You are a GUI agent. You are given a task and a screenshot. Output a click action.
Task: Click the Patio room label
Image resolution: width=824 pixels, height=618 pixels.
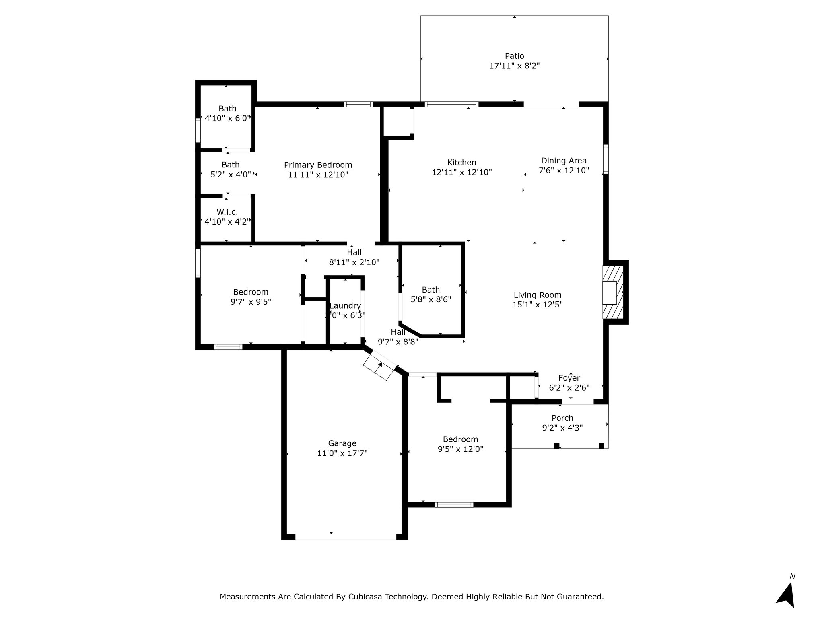[515, 56]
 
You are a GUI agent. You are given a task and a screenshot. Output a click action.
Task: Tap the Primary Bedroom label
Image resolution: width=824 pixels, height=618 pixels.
[318, 165]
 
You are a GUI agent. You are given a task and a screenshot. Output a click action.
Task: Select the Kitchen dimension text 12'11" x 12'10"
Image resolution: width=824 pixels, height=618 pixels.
[462, 172]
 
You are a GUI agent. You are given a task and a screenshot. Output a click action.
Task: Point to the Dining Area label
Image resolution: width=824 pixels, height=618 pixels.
[564, 161]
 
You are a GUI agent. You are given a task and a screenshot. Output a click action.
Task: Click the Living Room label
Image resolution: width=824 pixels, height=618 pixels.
[538, 295]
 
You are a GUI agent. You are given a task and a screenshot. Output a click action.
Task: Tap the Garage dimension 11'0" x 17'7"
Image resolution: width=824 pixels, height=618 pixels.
[342, 453]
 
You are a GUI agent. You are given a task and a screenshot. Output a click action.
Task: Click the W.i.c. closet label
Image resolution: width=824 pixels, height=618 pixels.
[227, 212]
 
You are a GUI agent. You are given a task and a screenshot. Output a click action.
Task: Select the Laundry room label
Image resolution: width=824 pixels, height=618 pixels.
[345, 306]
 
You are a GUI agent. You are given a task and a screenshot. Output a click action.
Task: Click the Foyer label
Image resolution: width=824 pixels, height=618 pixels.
[569, 378]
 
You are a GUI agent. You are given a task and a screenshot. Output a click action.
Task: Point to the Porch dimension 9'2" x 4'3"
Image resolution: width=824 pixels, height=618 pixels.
[562, 428]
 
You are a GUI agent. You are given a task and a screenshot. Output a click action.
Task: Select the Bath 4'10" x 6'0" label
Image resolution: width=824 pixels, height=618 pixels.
[228, 113]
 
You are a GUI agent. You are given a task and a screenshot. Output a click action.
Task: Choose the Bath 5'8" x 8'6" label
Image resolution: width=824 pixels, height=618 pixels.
[431, 295]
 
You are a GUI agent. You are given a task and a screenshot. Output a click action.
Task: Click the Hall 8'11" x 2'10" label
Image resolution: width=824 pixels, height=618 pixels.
[354, 257]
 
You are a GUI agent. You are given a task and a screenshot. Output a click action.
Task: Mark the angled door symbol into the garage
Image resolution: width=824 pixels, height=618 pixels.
[379, 365]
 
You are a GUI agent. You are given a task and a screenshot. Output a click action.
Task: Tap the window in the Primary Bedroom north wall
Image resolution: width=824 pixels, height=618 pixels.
[358, 104]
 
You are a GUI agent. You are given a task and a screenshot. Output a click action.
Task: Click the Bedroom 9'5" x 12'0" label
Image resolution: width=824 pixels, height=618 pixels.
[461, 444]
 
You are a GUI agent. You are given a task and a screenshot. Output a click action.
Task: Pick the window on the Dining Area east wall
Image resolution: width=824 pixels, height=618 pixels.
[606, 159]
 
